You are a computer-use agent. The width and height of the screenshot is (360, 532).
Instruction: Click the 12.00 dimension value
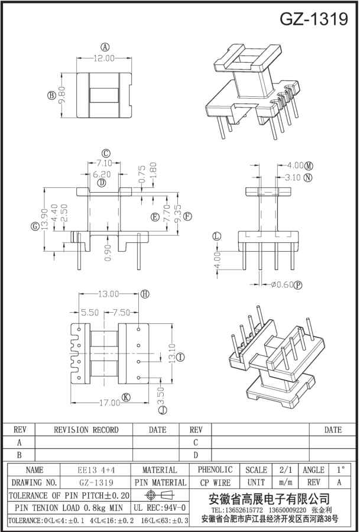tap(104, 59)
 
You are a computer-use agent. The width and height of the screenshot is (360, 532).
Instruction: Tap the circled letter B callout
tap(51, 95)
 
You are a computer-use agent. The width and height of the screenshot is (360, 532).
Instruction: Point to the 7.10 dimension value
tap(104, 164)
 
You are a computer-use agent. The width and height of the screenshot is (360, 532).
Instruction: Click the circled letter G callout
tap(35, 226)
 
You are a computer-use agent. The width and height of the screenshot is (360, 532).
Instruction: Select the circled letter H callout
tap(145, 294)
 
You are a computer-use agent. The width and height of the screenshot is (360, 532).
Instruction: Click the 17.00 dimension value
tap(109, 403)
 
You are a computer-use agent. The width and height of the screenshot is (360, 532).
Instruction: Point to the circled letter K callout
tap(126, 398)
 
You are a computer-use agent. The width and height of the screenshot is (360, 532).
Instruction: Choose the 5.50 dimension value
tap(90, 312)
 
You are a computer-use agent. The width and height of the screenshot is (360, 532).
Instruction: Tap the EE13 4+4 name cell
tap(95, 470)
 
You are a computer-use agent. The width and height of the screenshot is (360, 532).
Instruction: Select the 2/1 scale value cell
tap(286, 470)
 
